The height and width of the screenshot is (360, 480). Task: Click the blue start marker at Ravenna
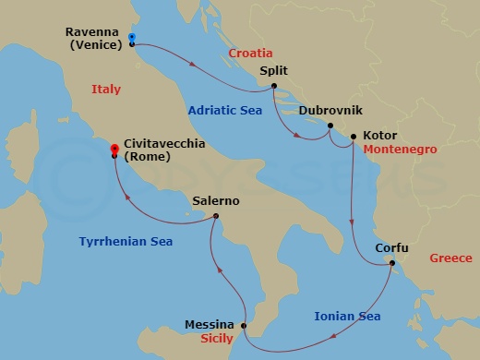132,38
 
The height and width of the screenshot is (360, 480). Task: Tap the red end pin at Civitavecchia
114,148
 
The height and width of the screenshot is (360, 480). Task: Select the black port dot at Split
274,87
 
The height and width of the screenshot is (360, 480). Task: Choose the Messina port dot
244,325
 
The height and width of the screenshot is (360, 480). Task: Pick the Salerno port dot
215,217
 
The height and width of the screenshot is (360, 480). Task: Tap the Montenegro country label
400,149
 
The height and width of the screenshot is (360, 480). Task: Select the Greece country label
451,258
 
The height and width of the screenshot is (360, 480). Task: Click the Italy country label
107,89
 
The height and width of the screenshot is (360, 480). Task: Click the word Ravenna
92,32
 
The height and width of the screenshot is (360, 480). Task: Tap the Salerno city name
216,200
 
